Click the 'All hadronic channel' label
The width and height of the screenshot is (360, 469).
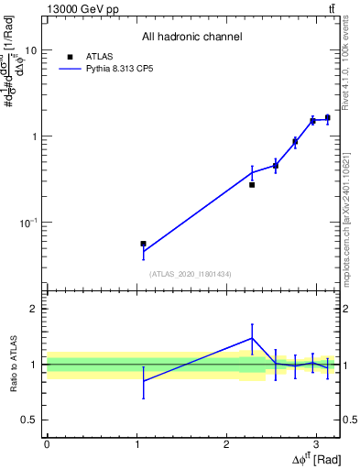coord(191,38)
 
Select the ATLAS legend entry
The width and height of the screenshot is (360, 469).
coord(98,56)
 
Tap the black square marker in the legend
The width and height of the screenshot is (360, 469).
coord(69,56)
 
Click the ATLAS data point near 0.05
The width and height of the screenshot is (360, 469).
coord(143,244)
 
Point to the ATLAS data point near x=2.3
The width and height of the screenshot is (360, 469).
coord(252,184)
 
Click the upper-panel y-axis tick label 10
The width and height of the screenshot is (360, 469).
coord(30,50)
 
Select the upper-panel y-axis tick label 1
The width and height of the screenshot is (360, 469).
coord(34,136)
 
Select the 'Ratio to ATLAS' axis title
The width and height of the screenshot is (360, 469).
coord(12,365)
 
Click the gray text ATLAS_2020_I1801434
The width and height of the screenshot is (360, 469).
coord(191,274)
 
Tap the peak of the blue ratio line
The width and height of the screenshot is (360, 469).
coord(252,338)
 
